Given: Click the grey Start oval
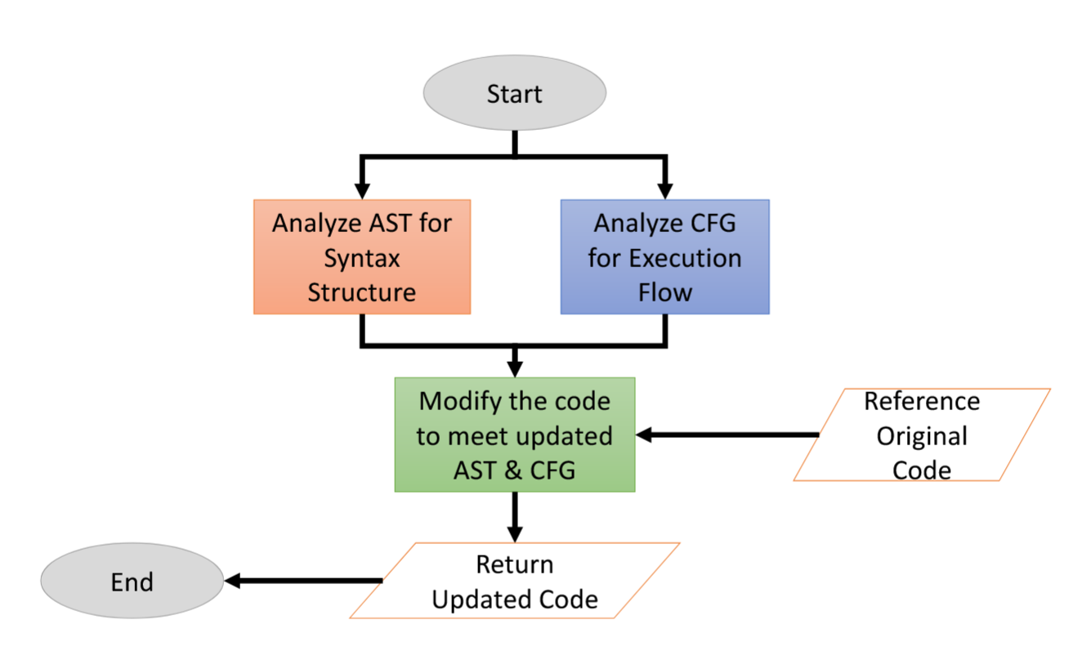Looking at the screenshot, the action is pos(514,92).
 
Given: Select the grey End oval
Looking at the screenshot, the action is pos(132,581).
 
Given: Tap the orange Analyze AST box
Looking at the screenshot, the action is pos(362,256).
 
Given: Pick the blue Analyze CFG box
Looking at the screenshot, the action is pos(665,256).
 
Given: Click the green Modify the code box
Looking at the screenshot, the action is pos(515,435).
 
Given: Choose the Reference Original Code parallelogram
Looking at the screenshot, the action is pos(922,435).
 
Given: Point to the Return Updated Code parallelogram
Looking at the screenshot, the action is pos(515,581).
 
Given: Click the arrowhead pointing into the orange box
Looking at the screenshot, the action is pos(362,191).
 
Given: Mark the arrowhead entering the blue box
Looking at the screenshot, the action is pos(665,191).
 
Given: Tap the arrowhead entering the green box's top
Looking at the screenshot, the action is pos(515,369).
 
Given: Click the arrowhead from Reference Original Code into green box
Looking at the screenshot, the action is pos(644,435).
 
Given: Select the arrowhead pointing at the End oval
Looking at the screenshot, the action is pos(232,581).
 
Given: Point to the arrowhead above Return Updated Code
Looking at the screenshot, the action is pos(515,534).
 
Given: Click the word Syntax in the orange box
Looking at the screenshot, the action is pos(362,258).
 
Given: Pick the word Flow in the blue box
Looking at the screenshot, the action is pos(665,292).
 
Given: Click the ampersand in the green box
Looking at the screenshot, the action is pos(513,470).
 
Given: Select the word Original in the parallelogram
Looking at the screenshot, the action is pos(922,436).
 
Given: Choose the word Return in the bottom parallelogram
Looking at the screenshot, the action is pos(515,564).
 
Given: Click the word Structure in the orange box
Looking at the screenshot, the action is pos(362,292).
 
